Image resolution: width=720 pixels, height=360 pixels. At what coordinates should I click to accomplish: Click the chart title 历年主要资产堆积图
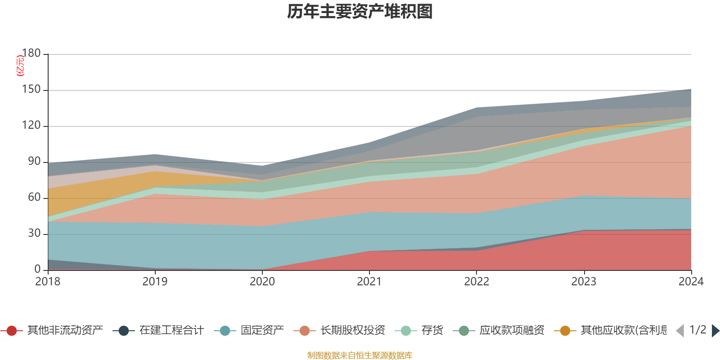tap(360, 12)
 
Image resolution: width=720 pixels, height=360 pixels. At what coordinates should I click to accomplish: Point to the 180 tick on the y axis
tap(31, 53)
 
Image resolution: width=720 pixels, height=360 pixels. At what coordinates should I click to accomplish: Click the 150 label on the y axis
tap(31, 90)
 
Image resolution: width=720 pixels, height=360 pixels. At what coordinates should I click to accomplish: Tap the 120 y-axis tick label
tap(31, 126)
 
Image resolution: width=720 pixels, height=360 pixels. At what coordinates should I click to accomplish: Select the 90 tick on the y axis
tap(34, 162)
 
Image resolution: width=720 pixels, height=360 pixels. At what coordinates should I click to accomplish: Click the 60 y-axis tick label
tap(34, 198)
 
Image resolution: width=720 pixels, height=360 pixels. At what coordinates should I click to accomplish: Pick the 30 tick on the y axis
tap(34, 234)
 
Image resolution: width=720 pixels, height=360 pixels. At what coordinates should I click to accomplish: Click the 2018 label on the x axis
tap(48, 282)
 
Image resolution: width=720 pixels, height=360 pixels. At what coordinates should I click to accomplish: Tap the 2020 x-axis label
tap(262, 282)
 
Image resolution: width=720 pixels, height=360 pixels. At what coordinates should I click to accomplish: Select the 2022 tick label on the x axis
tap(477, 282)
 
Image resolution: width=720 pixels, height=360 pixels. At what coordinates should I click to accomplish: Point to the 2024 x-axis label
tap(691, 282)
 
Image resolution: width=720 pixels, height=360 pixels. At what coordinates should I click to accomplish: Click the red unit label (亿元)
tap(20, 66)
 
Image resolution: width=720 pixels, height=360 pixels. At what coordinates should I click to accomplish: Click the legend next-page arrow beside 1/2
tap(715, 331)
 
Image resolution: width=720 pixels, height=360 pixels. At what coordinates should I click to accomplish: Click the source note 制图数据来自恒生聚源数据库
tap(360, 355)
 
